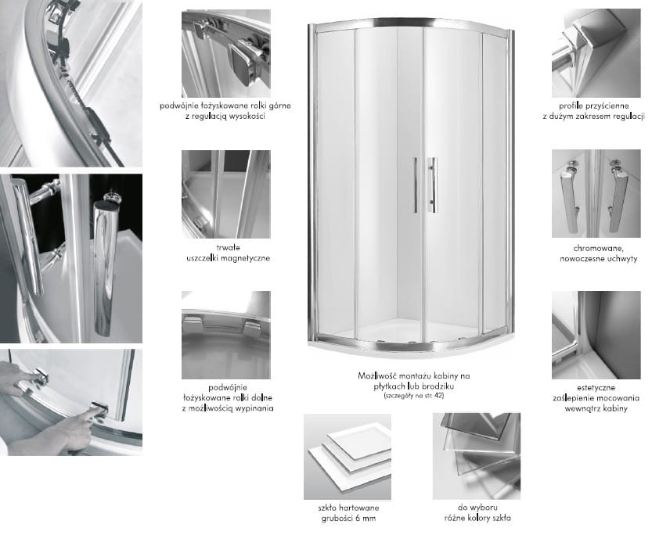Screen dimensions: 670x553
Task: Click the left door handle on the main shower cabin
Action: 416,185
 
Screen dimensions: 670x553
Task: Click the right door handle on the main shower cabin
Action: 433,185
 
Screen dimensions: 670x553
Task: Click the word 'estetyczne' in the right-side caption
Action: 596,388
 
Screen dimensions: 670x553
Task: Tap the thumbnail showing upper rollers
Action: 226,53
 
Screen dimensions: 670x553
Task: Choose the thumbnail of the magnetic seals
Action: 226,194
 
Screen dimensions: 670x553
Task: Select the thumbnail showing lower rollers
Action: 226,336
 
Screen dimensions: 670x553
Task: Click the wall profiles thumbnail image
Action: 596,53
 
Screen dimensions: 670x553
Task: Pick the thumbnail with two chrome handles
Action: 596,193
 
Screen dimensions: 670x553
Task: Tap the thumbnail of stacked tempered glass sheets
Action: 348,457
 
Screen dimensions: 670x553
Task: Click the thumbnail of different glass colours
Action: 477,456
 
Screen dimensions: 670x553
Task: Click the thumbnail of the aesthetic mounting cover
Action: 596,336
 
